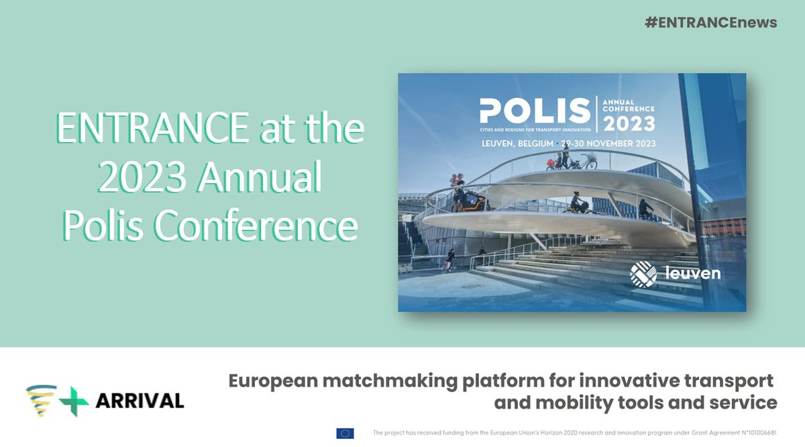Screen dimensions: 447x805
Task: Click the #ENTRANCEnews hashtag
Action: coord(710,22)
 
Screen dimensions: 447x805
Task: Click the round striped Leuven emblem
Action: coord(643,275)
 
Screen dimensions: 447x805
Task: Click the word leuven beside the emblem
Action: coord(693,275)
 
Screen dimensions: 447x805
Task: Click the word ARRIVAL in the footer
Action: coord(139,401)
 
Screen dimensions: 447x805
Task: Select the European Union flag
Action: coord(345,434)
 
